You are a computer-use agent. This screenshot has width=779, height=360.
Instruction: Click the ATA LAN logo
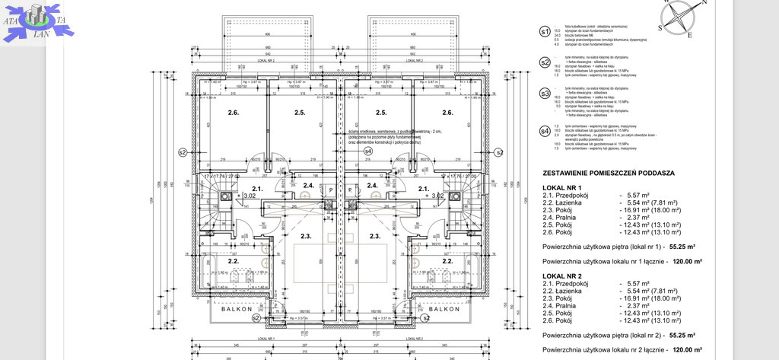click(x=33, y=21)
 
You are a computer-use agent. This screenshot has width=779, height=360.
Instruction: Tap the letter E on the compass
click(x=689, y=35)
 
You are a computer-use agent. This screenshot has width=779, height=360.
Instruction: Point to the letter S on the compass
click(x=660, y=27)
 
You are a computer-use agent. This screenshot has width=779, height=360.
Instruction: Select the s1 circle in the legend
click(x=544, y=32)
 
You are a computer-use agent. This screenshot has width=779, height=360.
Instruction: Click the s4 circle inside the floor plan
click(x=367, y=151)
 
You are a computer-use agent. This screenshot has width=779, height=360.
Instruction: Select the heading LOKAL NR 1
click(x=562, y=187)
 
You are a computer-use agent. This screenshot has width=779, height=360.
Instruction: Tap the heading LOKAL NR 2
click(x=562, y=276)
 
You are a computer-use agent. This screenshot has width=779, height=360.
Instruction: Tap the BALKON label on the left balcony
click(x=237, y=310)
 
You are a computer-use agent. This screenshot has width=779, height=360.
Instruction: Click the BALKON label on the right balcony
click(x=442, y=310)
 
